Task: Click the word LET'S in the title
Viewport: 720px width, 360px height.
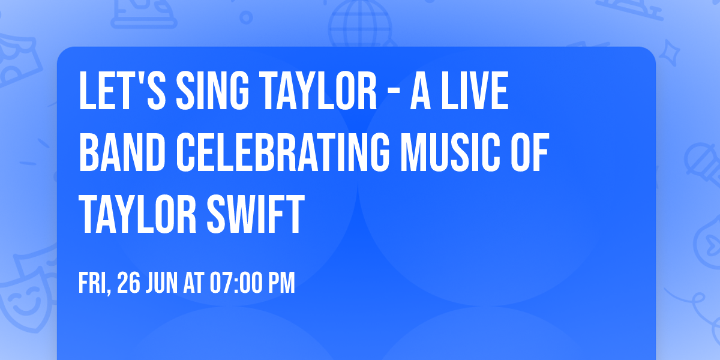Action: pyautogui.click(x=120, y=92)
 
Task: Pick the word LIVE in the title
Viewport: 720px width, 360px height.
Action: pyautogui.click(x=478, y=92)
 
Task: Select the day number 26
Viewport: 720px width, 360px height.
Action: pyautogui.click(x=128, y=283)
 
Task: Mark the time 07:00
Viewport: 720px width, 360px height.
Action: pyautogui.click(x=236, y=283)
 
